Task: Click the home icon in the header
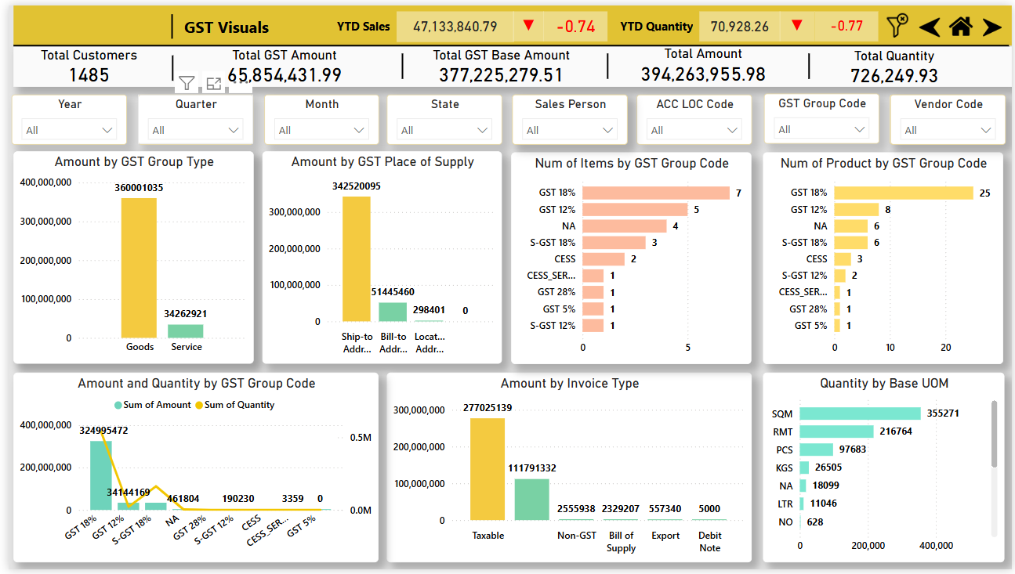click(x=961, y=27)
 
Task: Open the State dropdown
click(x=444, y=130)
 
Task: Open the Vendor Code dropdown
click(x=947, y=130)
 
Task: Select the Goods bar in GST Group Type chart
click(x=139, y=268)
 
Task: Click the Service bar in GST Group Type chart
click(x=185, y=331)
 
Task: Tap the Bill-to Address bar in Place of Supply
click(x=393, y=312)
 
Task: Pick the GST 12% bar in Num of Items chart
click(x=635, y=210)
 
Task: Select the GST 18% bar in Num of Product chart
click(x=904, y=193)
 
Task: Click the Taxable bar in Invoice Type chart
click(x=487, y=469)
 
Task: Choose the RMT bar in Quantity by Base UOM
click(x=836, y=431)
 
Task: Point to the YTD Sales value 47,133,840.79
click(x=455, y=27)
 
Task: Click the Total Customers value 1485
click(x=89, y=75)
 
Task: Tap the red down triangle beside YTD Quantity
click(x=797, y=25)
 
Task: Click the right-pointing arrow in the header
click(x=991, y=27)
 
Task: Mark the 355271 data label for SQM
click(x=942, y=413)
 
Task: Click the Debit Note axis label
click(x=709, y=541)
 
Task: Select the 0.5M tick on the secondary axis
click(x=361, y=438)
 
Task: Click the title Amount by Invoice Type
click(x=570, y=384)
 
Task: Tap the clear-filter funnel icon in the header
click(x=897, y=26)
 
